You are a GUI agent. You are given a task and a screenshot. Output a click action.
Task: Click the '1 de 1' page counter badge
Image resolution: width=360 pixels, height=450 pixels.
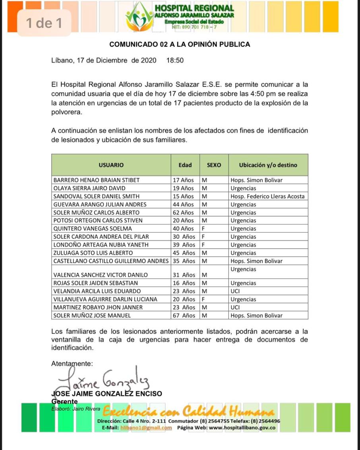click(44, 23)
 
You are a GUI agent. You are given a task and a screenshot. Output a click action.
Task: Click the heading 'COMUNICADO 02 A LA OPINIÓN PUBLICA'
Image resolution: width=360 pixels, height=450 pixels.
click(180, 44)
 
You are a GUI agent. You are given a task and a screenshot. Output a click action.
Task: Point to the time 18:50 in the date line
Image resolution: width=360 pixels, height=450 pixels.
click(175, 61)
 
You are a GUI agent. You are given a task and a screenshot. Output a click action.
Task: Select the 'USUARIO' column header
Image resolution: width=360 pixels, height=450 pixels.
click(111, 165)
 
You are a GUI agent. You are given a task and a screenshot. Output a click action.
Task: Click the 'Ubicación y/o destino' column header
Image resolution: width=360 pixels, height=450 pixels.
click(268, 165)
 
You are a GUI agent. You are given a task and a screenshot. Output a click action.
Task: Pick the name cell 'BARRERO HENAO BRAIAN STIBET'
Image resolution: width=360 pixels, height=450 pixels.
click(97, 180)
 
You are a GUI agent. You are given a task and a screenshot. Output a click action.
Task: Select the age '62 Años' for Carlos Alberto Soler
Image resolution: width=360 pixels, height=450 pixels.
click(184, 212)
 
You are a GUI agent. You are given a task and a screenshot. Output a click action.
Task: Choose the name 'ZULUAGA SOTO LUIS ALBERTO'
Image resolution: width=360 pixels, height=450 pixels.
click(93, 253)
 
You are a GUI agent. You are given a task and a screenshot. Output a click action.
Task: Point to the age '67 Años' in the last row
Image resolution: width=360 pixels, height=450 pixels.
click(184, 316)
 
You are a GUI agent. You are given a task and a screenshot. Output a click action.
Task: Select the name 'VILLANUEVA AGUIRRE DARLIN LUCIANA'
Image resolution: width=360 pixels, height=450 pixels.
click(105, 299)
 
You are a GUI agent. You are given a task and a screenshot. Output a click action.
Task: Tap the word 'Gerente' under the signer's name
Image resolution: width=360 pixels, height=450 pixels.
click(65, 402)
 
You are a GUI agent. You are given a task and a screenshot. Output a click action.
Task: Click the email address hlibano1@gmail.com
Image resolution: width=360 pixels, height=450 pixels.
click(146, 428)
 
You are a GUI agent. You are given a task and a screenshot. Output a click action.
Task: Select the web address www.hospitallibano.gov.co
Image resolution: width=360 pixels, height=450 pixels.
click(242, 428)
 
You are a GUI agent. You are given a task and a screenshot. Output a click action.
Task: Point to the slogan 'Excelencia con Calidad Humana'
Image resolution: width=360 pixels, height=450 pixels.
click(188, 410)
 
